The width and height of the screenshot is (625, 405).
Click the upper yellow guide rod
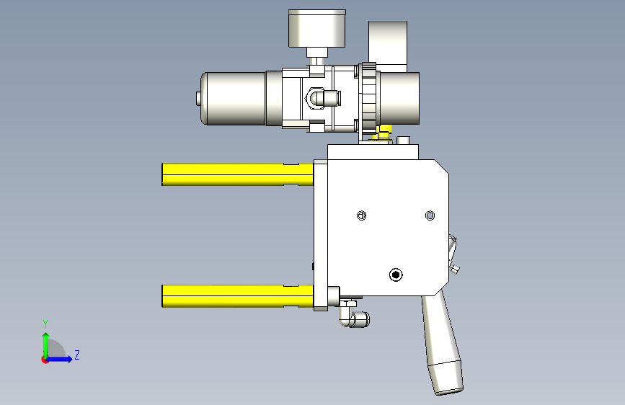(238, 174)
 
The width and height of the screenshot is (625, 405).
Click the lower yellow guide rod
(238, 296)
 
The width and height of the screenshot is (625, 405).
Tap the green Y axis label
(45, 324)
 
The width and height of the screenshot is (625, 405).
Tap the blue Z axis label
(77, 355)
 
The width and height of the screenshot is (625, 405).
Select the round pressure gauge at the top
(317, 28)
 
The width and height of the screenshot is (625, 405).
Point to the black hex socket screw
(396, 275)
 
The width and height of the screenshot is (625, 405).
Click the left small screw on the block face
(362, 215)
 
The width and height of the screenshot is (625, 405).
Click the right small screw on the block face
(430, 215)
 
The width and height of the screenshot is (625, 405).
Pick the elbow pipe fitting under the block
(354, 315)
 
